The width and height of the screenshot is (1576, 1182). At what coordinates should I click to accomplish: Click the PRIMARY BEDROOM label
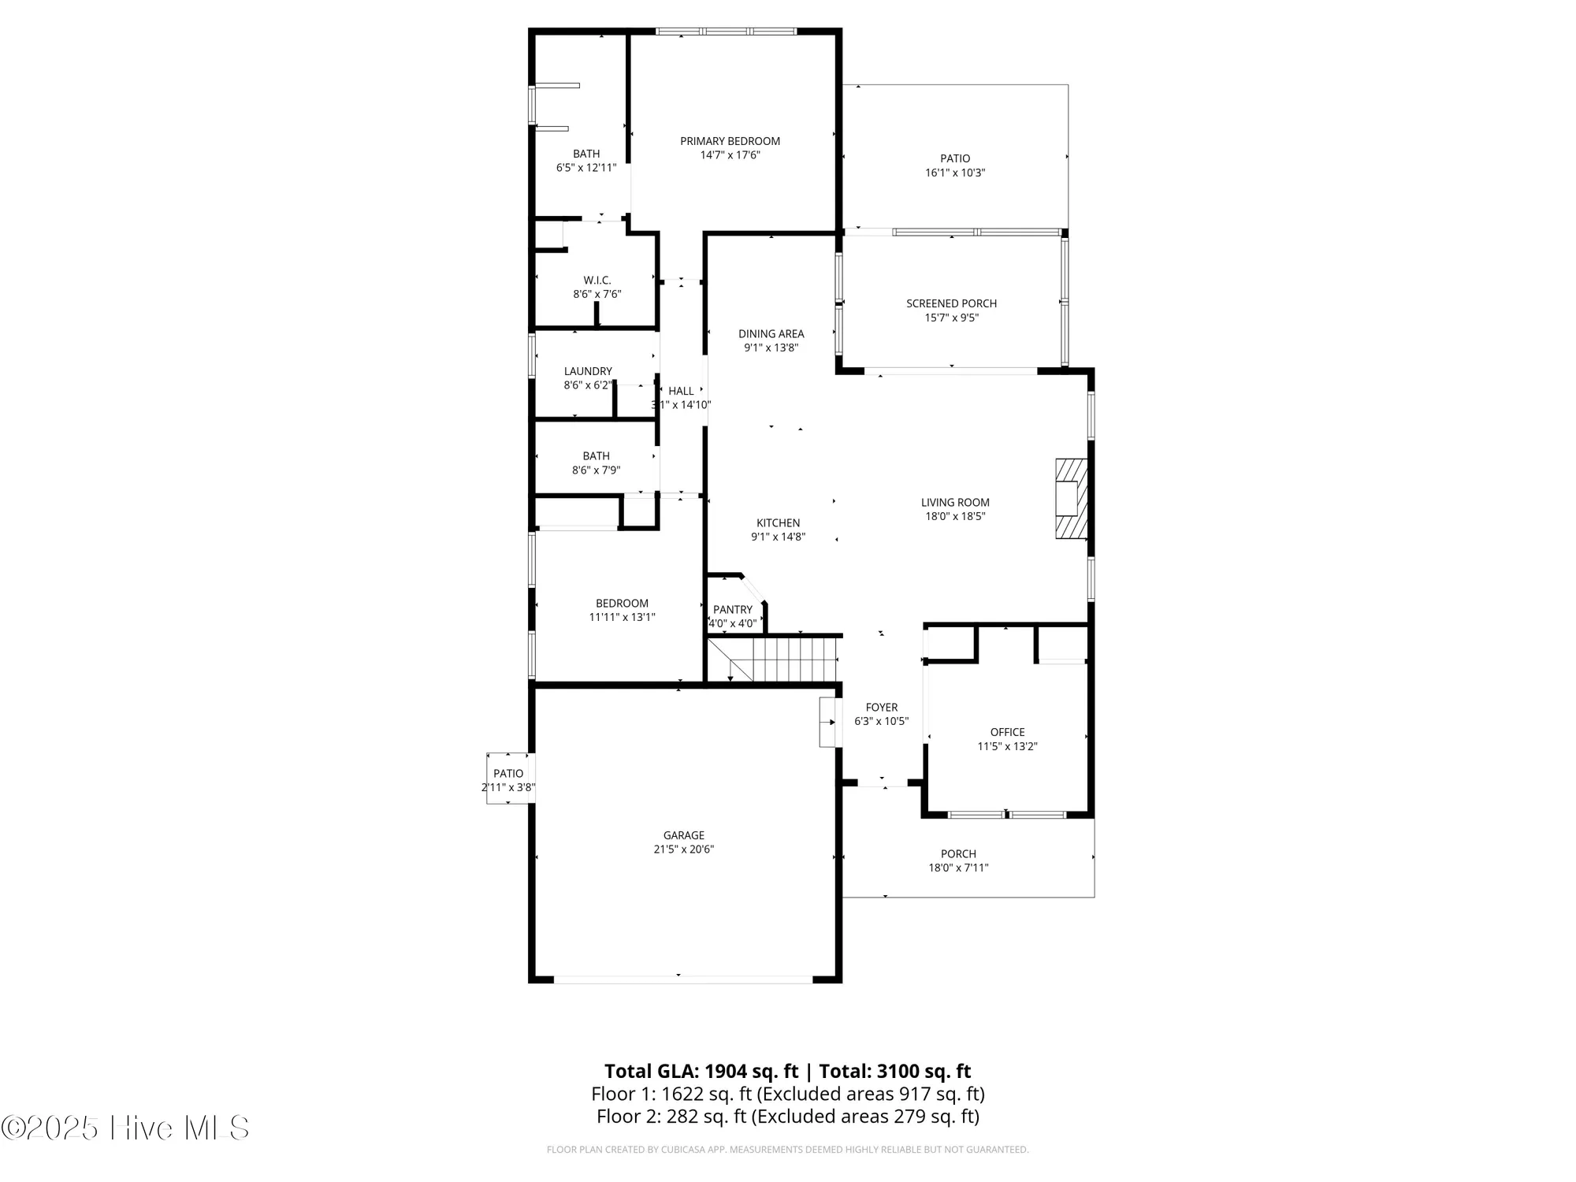730,141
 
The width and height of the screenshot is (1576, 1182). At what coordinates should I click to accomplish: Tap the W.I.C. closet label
597,280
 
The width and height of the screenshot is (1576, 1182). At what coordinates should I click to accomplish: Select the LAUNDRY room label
588,371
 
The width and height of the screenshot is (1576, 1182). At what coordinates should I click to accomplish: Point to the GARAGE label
683,835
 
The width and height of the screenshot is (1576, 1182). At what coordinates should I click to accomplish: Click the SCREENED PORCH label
951,303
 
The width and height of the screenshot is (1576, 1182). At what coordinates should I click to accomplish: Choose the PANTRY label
733,609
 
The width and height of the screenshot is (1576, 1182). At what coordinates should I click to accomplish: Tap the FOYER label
881,708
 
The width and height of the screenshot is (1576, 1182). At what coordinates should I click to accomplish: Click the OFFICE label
1007,732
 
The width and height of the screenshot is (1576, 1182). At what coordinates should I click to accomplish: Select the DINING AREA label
771,333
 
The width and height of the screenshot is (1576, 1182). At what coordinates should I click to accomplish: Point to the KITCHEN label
778,522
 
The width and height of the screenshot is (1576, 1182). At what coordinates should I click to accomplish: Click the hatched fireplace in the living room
1071,499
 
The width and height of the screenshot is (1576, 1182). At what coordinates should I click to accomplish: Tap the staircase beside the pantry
773,659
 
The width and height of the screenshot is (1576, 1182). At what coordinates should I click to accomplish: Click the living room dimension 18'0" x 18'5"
955,517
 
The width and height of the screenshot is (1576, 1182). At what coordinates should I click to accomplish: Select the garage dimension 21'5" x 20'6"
683,849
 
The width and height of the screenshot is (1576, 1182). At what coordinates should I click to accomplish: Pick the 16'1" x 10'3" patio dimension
955,173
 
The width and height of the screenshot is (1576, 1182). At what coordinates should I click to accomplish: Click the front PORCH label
958,853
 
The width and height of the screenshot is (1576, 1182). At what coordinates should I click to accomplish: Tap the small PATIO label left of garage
508,774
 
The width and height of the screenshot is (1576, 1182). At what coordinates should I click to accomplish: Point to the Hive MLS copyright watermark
125,1128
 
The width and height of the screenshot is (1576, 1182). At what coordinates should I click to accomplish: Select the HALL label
681,391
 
